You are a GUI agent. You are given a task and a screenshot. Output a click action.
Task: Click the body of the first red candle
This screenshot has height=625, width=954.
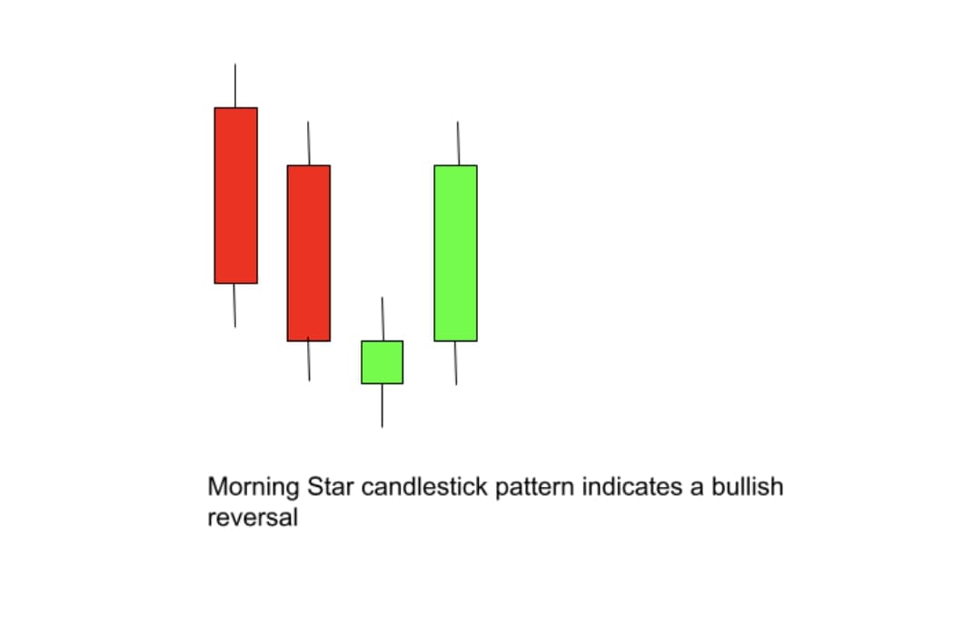(x=235, y=195)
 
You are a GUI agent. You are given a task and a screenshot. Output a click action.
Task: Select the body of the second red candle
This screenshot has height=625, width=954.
(x=309, y=253)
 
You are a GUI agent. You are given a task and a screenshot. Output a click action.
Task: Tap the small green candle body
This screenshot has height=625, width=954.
(x=383, y=362)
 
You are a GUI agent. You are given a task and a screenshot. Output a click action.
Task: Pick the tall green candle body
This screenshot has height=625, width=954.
(x=456, y=253)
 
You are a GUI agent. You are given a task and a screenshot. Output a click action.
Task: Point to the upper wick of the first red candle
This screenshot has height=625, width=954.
(x=234, y=85)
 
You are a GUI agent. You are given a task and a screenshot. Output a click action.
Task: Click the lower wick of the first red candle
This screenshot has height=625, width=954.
(x=234, y=305)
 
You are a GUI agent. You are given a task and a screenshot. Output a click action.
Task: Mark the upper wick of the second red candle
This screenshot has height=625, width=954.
(x=309, y=143)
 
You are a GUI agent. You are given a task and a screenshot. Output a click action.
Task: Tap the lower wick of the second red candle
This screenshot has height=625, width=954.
(x=309, y=362)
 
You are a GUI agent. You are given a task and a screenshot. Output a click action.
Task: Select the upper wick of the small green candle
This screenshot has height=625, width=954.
(x=383, y=319)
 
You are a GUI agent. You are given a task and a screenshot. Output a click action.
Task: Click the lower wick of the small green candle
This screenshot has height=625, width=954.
(x=383, y=406)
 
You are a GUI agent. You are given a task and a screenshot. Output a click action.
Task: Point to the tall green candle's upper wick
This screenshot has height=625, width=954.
(x=458, y=143)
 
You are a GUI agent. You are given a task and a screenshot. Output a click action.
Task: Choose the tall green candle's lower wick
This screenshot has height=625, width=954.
(x=456, y=363)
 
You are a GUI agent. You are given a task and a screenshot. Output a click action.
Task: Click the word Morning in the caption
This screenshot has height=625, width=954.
(x=253, y=488)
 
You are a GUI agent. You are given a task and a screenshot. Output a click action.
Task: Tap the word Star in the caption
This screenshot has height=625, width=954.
(x=331, y=487)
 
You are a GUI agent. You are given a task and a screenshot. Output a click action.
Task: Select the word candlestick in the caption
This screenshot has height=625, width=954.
(x=424, y=487)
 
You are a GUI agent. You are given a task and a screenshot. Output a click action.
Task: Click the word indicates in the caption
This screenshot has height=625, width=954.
(x=632, y=487)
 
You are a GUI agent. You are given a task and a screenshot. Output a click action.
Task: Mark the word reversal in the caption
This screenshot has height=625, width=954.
(x=253, y=517)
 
